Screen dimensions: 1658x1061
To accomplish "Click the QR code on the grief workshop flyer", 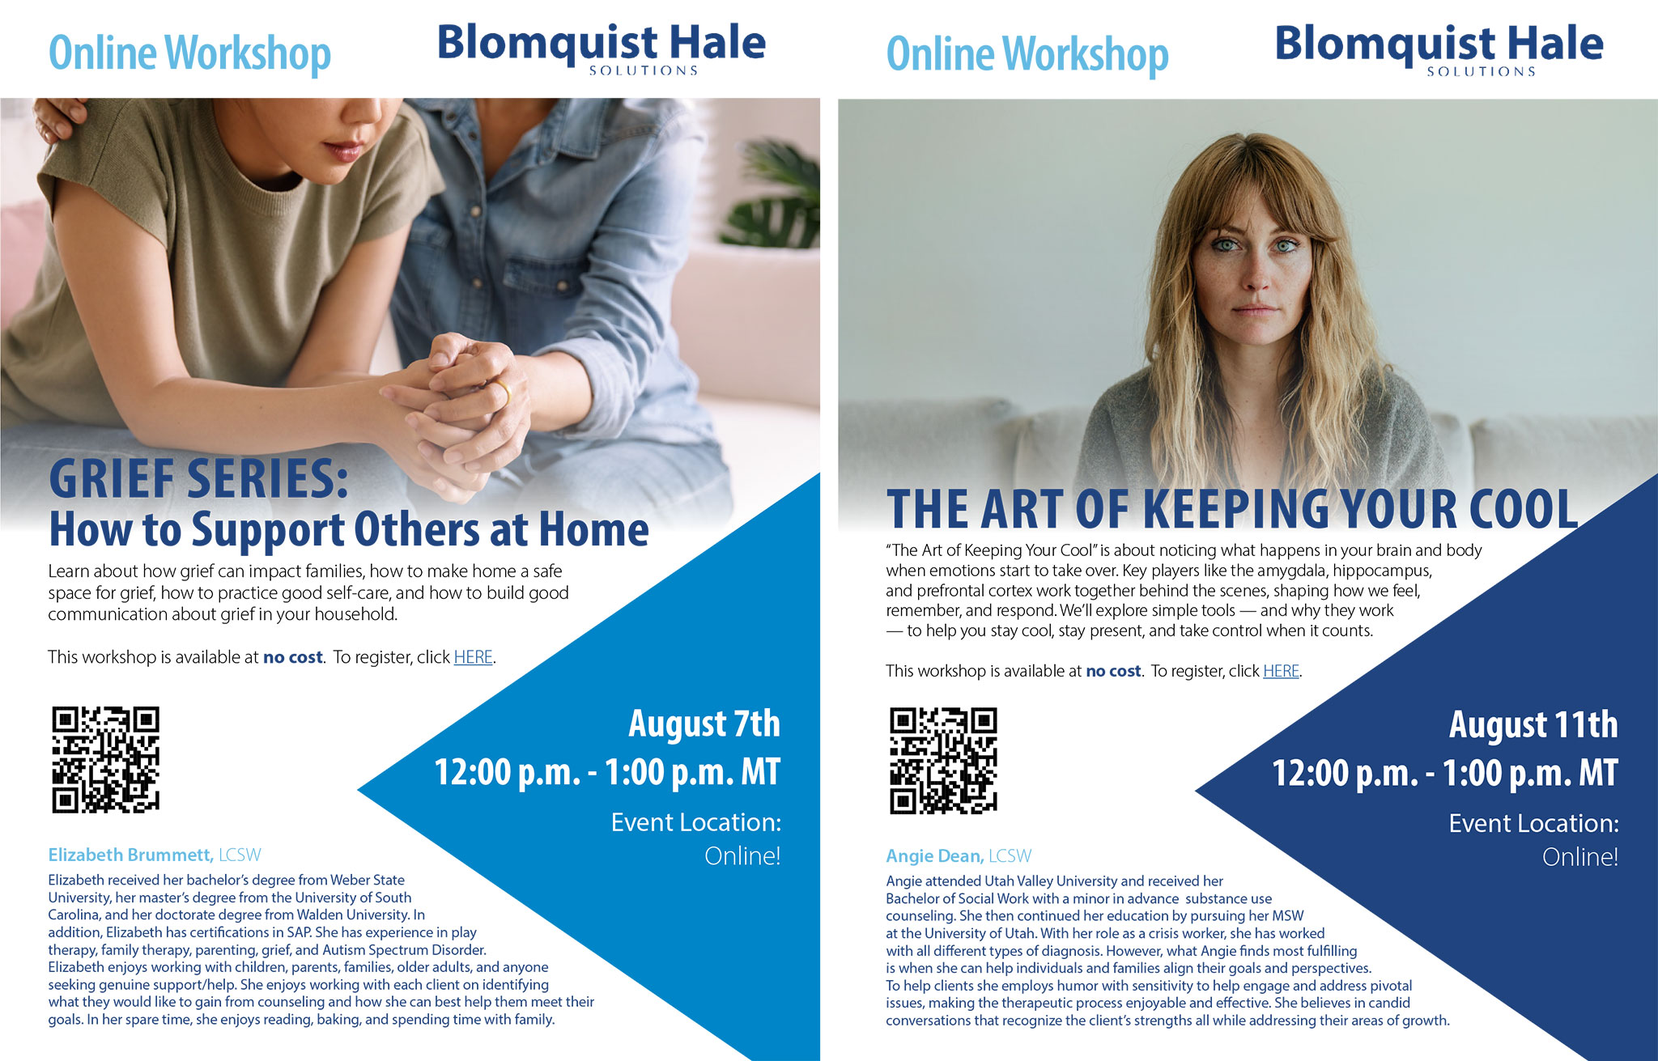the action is [x=106, y=759].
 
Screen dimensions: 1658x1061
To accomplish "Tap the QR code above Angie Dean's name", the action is [x=944, y=761].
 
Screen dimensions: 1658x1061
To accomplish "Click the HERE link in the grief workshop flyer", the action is [x=474, y=657].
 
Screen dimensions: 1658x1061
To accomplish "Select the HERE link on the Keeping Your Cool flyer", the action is [x=1281, y=671].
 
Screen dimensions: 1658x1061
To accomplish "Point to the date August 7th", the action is [x=704, y=724].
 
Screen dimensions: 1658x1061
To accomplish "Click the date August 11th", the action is [x=1533, y=724].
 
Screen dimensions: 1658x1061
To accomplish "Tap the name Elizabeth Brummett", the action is [x=130, y=855].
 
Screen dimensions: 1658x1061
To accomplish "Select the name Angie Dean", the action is [x=934, y=855].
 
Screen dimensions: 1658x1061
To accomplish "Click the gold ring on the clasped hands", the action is [x=504, y=393].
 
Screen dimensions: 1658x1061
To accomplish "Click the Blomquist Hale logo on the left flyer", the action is [x=602, y=48].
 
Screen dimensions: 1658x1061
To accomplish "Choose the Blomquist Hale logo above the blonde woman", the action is [x=1439, y=49].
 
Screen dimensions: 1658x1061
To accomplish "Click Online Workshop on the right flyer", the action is [x=1027, y=54].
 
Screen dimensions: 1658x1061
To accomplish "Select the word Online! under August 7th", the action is [x=742, y=855].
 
